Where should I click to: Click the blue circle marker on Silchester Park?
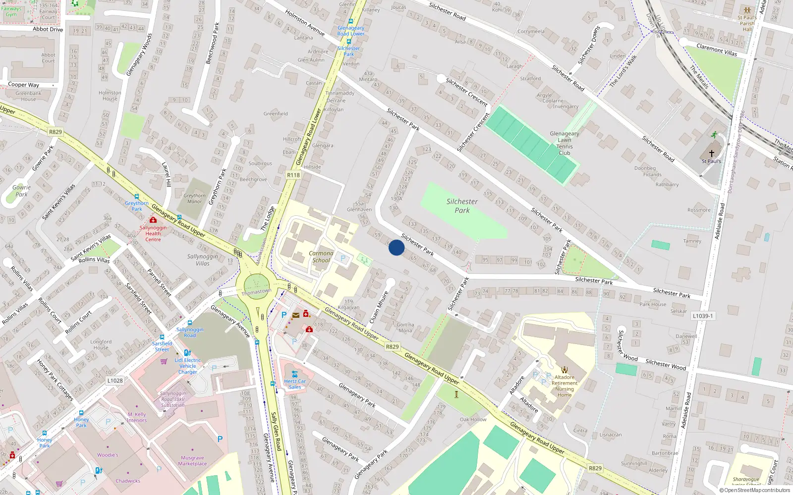[x=396, y=247]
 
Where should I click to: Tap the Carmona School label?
[x=321, y=256]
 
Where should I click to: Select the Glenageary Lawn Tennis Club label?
[x=564, y=143]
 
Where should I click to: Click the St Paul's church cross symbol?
[x=712, y=153]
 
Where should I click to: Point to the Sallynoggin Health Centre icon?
[x=153, y=220]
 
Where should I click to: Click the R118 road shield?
[x=293, y=175]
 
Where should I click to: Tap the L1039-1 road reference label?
[x=703, y=316]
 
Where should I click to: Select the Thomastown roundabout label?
[x=256, y=292]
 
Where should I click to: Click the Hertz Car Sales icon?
[x=295, y=374]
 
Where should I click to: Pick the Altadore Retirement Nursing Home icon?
[x=565, y=369]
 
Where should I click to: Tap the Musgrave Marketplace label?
[x=192, y=461]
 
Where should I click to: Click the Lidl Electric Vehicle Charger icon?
[x=187, y=353]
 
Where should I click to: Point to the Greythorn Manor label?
[x=195, y=198]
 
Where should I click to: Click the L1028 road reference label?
[x=115, y=381]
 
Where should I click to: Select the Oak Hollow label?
[x=473, y=419]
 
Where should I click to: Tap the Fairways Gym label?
[x=11, y=11]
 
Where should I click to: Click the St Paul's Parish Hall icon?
[x=747, y=10]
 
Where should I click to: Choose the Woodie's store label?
[x=108, y=455]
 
